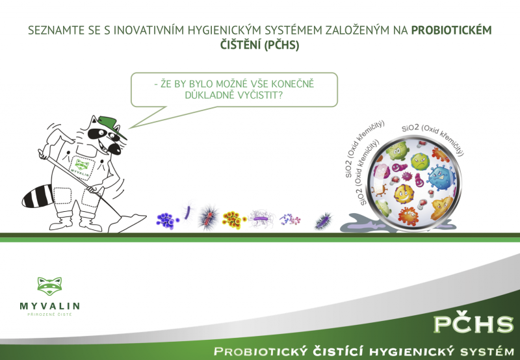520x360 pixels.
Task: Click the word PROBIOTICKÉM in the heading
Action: click(x=451, y=30)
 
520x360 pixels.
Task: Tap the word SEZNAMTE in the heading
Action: click(x=56, y=31)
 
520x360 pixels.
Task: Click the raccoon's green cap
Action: click(x=111, y=125)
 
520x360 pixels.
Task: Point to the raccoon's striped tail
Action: click(x=37, y=196)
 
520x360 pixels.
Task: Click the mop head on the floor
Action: click(x=127, y=223)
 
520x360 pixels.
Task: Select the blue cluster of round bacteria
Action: click(x=167, y=221)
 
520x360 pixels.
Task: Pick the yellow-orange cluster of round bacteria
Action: click(x=233, y=220)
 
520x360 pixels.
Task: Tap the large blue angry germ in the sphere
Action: click(x=441, y=177)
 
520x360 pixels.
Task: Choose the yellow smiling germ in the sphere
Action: click(x=403, y=194)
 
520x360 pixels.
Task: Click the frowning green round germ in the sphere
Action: click(x=420, y=161)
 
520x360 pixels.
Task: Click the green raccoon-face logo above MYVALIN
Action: click(x=49, y=286)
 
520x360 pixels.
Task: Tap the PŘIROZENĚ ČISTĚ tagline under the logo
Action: click(x=49, y=315)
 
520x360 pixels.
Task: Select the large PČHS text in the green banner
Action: click(x=474, y=324)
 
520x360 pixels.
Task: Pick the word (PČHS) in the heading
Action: click(x=281, y=45)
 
